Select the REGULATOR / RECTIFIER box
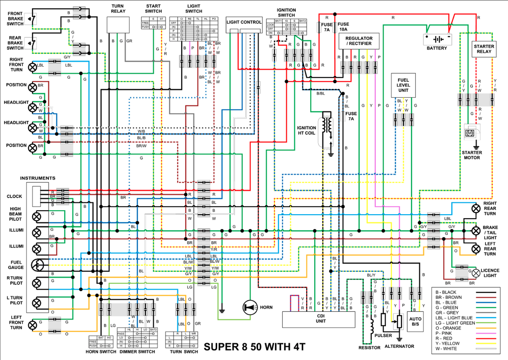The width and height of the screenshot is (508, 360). pos(358,41)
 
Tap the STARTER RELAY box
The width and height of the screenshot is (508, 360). pos(484,49)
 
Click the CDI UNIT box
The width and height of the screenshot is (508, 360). pos(318,319)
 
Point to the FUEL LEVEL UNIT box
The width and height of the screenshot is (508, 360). pos(403,85)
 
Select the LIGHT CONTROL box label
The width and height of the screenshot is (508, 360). pos(244,22)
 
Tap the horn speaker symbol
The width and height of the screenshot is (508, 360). pos(249,307)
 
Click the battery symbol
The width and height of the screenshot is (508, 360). pos(437,39)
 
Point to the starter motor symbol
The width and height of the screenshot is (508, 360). pos(471,133)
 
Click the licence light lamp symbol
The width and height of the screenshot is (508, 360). pos(476,273)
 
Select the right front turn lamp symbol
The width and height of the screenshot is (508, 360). pos(33,67)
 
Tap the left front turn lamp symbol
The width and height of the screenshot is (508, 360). pos(33,325)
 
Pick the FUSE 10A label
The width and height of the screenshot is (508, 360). pos(343,27)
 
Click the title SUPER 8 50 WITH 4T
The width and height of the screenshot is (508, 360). pos(255,347)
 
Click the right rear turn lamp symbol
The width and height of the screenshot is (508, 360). pos(476,209)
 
